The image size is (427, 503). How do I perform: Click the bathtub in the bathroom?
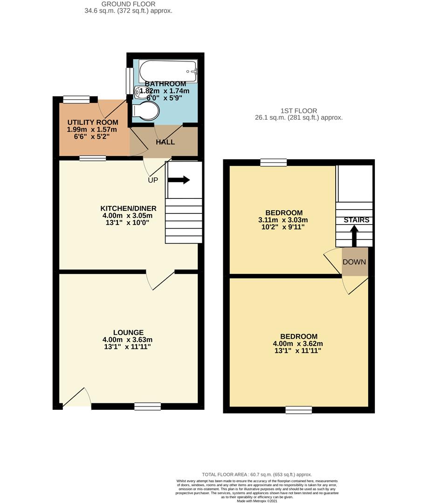click(x=168, y=71)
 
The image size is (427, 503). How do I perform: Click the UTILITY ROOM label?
click(x=93, y=122)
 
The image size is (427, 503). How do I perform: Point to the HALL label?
click(x=165, y=142)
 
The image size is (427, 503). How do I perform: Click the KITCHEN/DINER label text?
click(x=128, y=208)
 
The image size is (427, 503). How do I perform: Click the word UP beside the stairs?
click(x=153, y=180)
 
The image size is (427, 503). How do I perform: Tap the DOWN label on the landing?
click(x=354, y=262)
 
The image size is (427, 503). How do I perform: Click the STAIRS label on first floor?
click(x=357, y=220)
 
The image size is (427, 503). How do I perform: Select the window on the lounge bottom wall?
click(x=144, y=407)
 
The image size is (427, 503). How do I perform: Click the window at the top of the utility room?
click(x=76, y=99)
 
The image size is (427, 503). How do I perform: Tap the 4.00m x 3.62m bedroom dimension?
click(x=299, y=344)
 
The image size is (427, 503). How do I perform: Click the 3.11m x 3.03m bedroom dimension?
click(x=283, y=220)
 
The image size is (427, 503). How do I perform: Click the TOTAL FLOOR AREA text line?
click(x=256, y=474)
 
